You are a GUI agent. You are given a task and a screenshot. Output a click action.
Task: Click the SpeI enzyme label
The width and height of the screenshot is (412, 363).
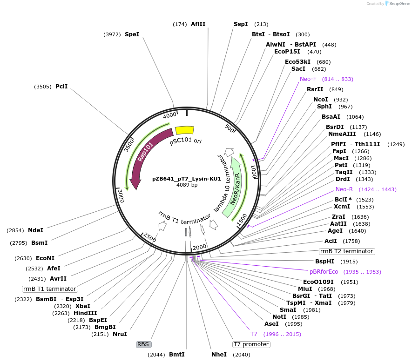pyautogui.click(x=132, y=34)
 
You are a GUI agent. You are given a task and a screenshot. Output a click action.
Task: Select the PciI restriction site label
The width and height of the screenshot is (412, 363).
pyautogui.click(x=61, y=87)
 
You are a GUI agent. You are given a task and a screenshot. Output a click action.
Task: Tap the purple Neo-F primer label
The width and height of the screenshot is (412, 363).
pyautogui.click(x=308, y=79)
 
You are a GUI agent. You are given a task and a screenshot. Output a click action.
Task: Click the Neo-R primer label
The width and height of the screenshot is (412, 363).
pyautogui.click(x=344, y=189)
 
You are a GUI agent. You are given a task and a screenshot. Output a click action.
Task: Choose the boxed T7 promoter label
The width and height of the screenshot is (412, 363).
pyautogui.click(x=251, y=344)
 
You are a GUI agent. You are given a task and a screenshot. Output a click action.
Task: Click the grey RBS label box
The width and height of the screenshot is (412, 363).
pyautogui.click(x=143, y=344)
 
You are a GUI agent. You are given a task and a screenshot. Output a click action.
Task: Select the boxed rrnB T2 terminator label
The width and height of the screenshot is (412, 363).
pyautogui.click(x=347, y=251)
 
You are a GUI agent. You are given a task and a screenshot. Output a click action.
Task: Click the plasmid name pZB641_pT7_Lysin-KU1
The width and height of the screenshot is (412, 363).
pyautogui.click(x=187, y=179)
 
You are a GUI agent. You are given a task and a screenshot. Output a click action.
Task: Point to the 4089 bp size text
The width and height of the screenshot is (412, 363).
pyautogui.click(x=187, y=185)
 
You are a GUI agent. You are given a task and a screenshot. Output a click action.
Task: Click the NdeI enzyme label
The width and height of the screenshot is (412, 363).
pyautogui.click(x=35, y=230)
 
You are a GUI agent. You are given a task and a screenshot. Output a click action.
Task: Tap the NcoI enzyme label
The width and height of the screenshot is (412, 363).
pyautogui.click(x=321, y=100)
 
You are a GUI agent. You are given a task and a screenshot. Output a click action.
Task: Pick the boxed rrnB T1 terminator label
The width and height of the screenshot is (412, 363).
pyautogui.click(x=50, y=289)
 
